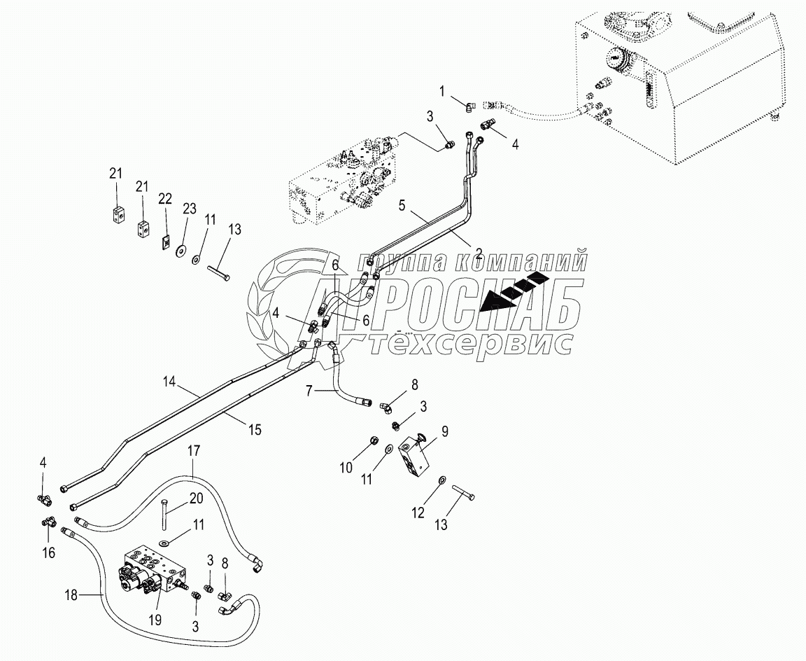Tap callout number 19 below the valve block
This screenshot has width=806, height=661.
[153, 620]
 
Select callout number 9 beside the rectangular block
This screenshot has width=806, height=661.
[444, 432]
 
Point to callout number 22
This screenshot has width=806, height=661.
[165, 200]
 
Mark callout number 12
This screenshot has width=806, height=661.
[418, 513]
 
